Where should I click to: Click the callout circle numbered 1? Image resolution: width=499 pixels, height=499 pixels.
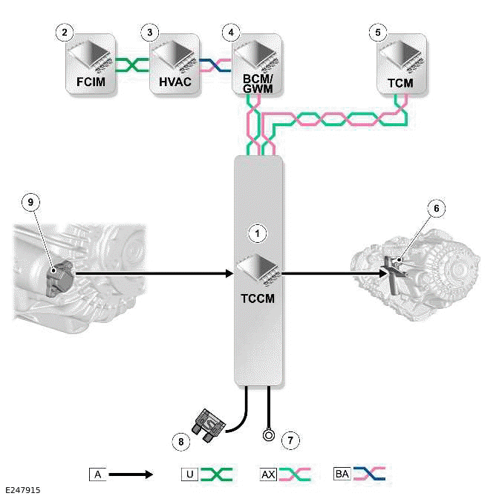pyautogui.click(x=257, y=233)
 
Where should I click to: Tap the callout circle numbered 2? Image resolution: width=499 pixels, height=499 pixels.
pyautogui.click(x=65, y=33)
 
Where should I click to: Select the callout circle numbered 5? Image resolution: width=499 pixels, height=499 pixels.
pyautogui.click(x=378, y=33)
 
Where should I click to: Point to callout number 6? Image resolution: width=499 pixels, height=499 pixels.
pyautogui.click(x=436, y=209)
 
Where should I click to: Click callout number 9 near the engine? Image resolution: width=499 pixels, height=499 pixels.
pyautogui.click(x=30, y=201)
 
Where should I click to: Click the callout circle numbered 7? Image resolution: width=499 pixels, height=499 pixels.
pyautogui.click(x=292, y=440)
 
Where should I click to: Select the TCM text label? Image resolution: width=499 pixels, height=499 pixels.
pyautogui.click(x=400, y=82)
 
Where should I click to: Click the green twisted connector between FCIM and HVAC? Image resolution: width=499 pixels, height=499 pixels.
pyautogui.click(x=134, y=65)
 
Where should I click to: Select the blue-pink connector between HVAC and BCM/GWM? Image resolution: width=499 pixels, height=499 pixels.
pyautogui.click(x=217, y=65)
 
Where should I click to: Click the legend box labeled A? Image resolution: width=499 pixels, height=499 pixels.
pyautogui.click(x=95, y=473)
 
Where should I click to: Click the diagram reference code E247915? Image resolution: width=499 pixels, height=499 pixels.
pyautogui.click(x=23, y=490)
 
